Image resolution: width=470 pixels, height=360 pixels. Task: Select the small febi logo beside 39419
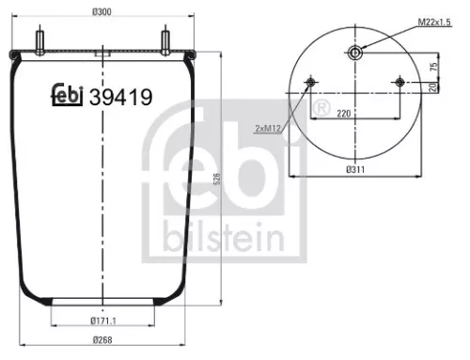pos(66,94)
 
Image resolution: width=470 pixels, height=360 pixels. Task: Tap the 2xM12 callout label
pos(268,126)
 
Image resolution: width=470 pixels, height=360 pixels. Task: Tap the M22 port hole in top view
pos(353,54)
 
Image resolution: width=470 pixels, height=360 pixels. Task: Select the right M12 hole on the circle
pos(398,85)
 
